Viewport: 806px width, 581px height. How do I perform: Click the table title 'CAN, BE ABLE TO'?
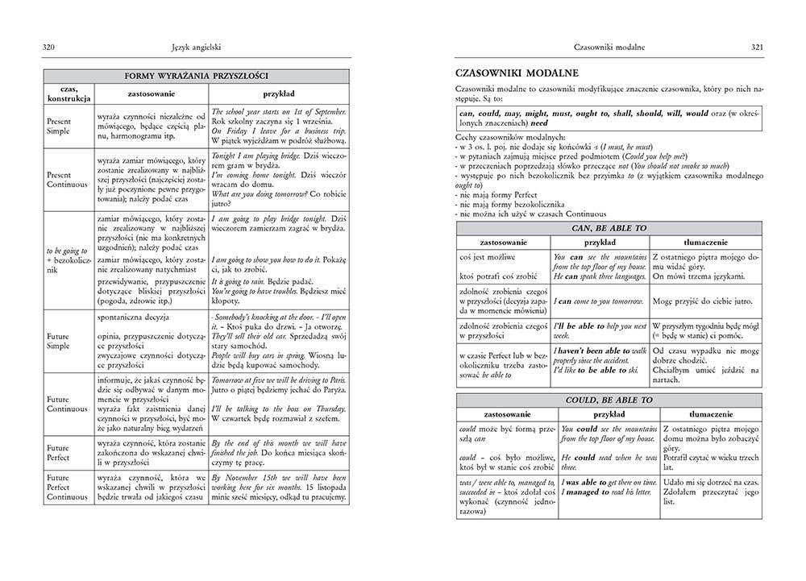(609, 228)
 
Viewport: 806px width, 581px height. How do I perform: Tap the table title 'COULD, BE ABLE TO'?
(609, 400)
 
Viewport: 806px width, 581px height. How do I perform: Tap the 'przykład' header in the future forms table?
(279, 93)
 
